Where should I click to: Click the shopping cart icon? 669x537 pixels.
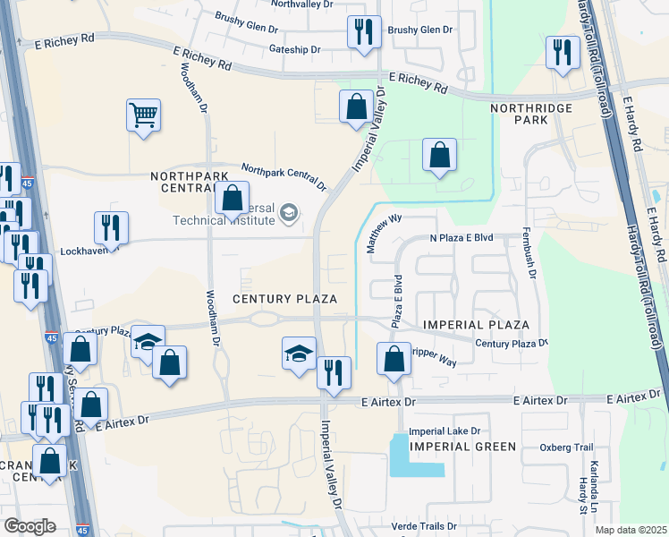click(x=143, y=115)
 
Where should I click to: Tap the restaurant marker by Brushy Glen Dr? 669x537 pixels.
click(x=363, y=34)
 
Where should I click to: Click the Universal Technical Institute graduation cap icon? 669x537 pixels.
click(x=289, y=213)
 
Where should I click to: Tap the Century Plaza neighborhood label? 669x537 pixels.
click(x=284, y=298)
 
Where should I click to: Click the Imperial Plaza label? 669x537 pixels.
click(x=477, y=324)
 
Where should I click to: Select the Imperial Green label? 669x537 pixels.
click(x=462, y=446)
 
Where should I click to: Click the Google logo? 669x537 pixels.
click(x=30, y=526)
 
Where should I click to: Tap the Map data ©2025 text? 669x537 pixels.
click(x=631, y=530)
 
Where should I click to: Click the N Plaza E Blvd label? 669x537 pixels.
click(x=462, y=238)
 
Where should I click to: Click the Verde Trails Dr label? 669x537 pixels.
click(x=425, y=527)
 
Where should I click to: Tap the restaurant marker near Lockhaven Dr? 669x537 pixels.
click(x=111, y=227)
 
